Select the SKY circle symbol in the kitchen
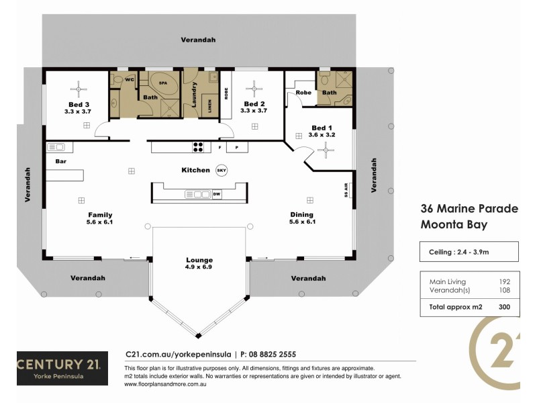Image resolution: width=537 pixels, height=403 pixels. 222,171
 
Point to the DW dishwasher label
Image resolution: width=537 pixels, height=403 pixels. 216,195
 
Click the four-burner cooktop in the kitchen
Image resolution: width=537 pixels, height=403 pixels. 198,146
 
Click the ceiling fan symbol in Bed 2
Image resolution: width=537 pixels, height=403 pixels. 254,87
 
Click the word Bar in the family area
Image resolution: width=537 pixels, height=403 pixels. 60,162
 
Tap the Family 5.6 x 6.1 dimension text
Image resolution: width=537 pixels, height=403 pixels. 99,222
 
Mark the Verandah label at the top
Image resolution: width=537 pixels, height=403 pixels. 198,40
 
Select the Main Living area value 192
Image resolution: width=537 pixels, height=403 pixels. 504,281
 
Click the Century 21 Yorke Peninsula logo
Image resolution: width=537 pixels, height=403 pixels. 62,369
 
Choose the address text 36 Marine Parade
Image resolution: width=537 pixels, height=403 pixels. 469,209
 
